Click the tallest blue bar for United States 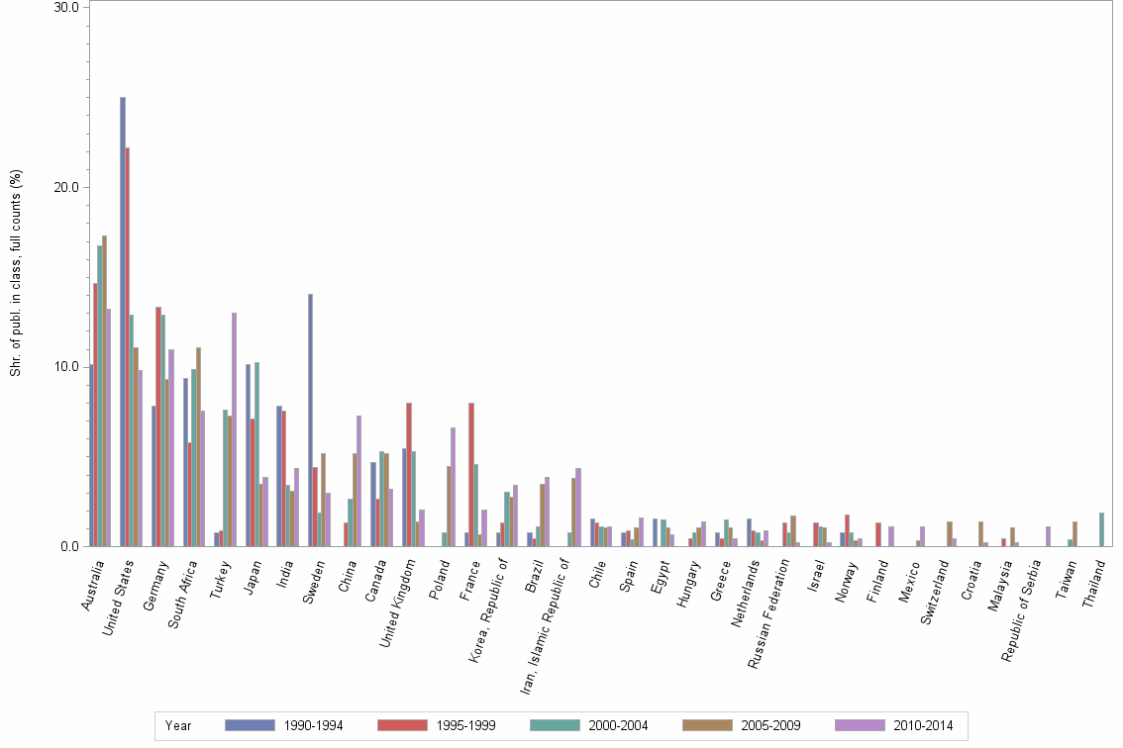pyautogui.click(x=123, y=322)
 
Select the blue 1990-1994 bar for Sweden pyautogui.click(x=310, y=420)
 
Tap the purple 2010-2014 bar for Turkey pyautogui.click(x=235, y=429)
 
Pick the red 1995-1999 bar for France pyautogui.click(x=471, y=474)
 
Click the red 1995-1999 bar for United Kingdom pyautogui.click(x=409, y=474)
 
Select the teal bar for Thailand pyautogui.click(x=1101, y=529)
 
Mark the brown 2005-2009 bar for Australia pyautogui.click(x=104, y=391)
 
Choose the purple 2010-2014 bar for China pyautogui.click(x=359, y=481)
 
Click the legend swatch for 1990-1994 pyautogui.click(x=250, y=725)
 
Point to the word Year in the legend pyautogui.click(x=179, y=725)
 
